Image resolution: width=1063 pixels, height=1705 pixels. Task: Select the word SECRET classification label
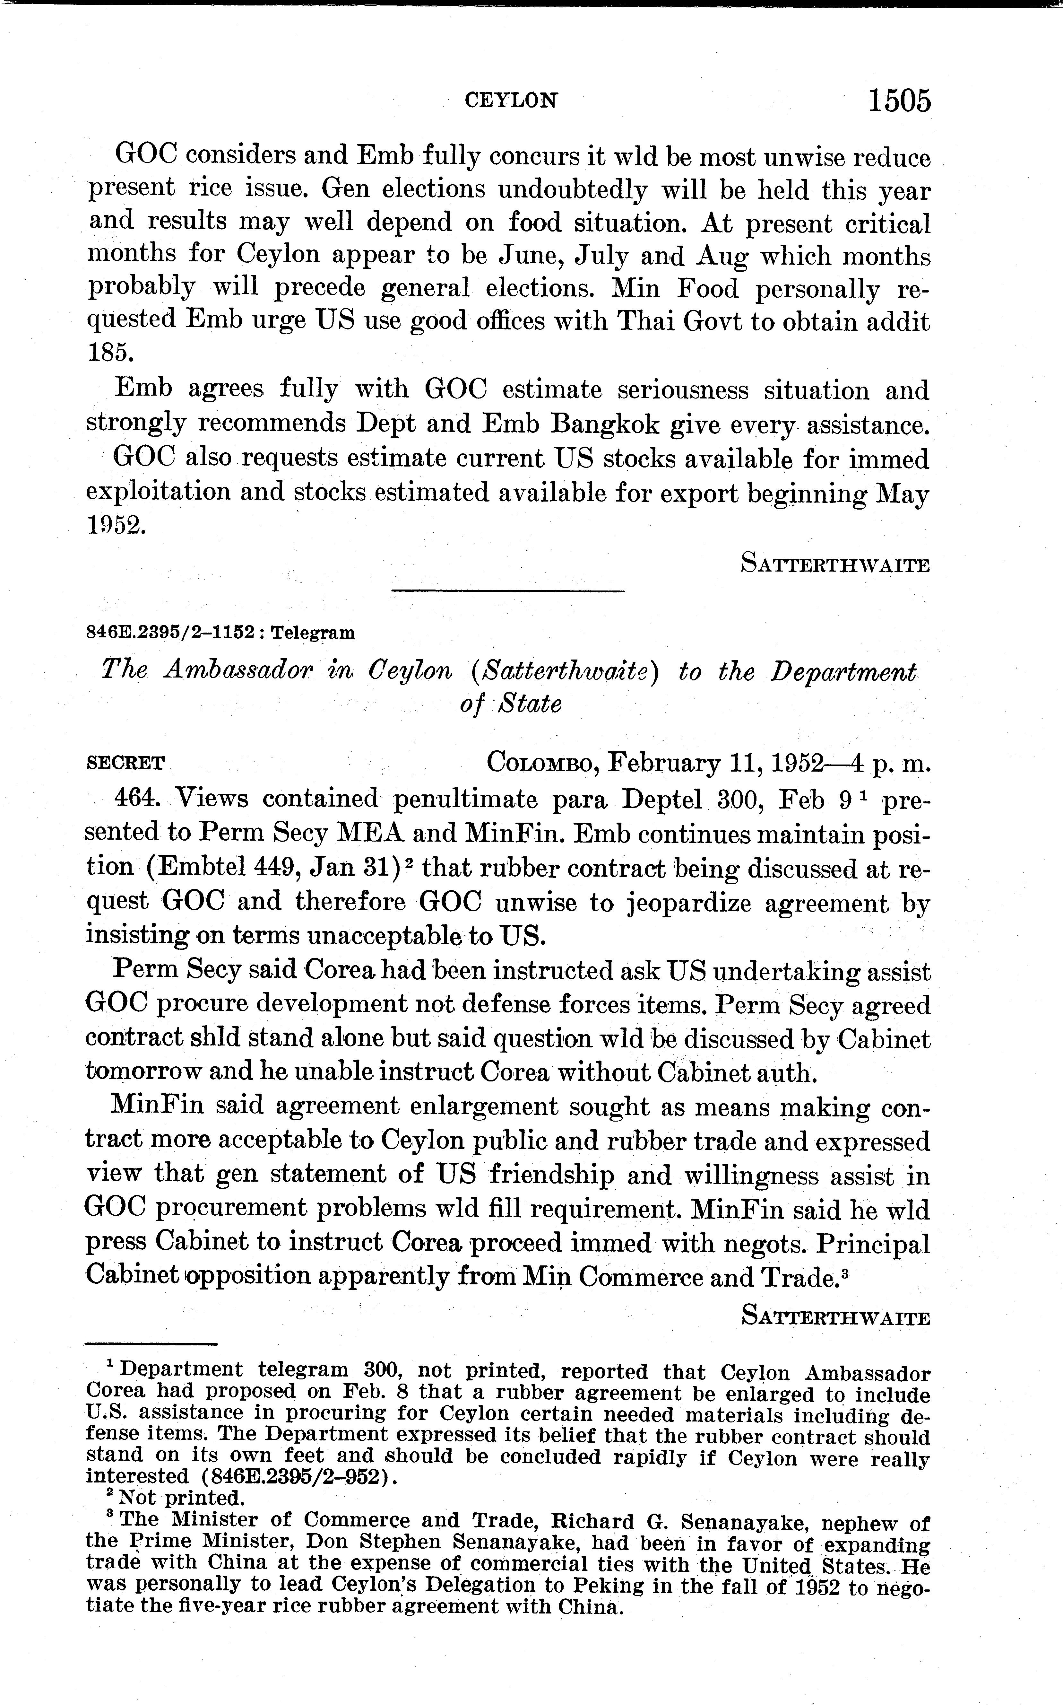[125, 763]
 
